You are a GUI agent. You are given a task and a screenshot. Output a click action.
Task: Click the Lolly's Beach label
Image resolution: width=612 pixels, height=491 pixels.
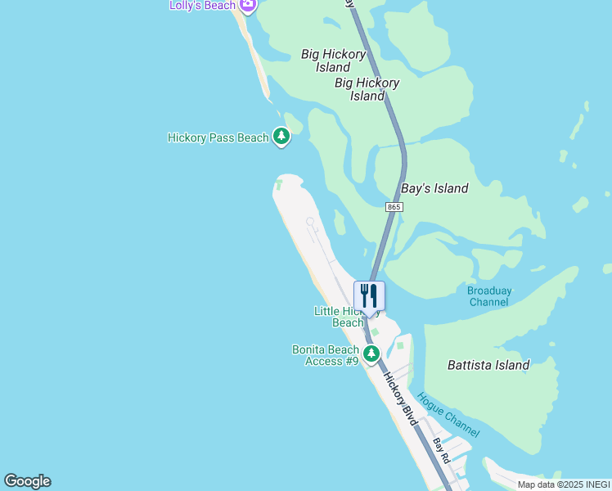tap(203, 5)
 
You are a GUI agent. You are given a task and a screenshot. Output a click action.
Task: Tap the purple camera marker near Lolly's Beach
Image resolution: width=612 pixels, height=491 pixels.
tap(248, 5)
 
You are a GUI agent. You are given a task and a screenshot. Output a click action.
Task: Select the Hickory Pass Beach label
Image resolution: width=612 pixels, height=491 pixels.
tap(218, 137)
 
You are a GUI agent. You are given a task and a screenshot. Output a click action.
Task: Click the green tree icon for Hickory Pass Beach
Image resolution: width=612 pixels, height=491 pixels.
tap(281, 137)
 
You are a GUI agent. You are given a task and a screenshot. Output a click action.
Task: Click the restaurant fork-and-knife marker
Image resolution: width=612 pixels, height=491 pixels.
tap(369, 296)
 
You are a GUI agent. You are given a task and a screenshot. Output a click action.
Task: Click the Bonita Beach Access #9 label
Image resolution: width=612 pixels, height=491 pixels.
tap(326, 355)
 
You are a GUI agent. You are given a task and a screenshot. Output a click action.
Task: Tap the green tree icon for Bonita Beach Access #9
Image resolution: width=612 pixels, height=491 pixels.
tap(371, 354)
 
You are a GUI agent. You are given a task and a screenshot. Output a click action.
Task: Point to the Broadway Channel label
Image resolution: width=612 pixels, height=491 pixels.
tap(488, 296)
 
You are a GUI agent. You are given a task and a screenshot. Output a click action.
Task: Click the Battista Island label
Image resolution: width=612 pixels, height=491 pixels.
tap(488, 365)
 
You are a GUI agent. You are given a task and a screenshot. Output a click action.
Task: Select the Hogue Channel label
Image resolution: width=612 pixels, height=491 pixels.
tap(448, 415)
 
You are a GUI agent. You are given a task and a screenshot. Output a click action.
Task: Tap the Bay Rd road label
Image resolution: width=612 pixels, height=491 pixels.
tap(442, 451)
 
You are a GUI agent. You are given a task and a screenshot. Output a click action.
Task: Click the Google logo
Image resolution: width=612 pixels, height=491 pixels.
tap(27, 481)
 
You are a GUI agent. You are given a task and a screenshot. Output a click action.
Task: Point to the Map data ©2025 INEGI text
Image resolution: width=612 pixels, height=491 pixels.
tap(563, 484)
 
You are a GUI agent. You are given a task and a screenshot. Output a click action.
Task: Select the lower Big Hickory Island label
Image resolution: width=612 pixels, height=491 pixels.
tap(367, 89)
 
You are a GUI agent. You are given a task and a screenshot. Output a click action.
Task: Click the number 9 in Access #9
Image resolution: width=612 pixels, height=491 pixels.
tap(354, 361)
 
